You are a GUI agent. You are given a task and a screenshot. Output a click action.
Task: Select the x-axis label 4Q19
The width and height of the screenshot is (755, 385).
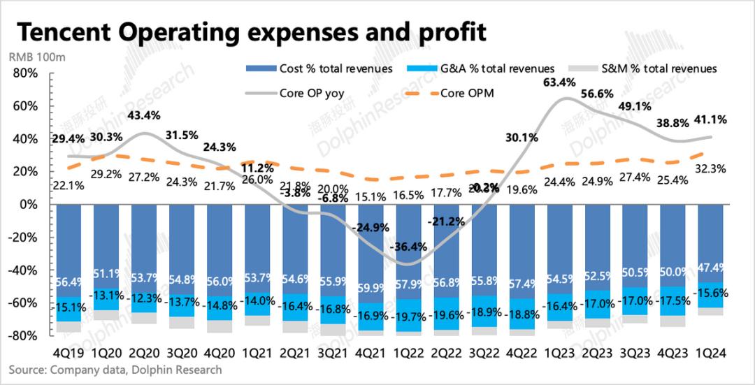[x=71, y=354]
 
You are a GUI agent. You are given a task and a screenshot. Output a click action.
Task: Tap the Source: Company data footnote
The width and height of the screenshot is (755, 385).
[x=115, y=370]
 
